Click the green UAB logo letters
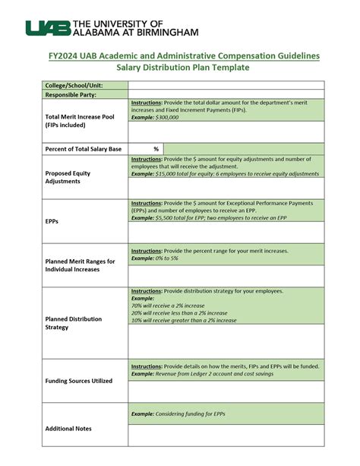(x=46, y=28)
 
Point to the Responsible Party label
(x=71, y=95)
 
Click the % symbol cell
(x=156, y=149)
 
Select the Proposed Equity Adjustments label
(x=68, y=178)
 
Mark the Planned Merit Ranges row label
(x=80, y=265)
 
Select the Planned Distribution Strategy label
(x=74, y=323)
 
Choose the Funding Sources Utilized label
(x=79, y=381)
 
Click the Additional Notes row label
(x=68, y=429)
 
